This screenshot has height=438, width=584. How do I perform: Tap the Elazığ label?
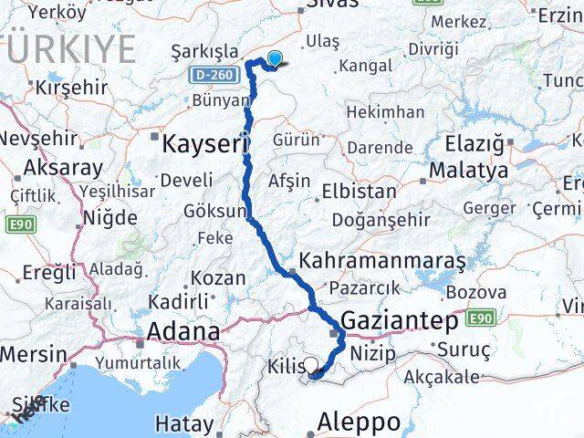(x=474, y=143)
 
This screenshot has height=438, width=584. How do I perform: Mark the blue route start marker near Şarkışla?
(x=274, y=59)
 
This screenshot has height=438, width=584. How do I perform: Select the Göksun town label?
(x=216, y=212)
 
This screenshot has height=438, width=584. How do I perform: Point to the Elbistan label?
(x=358, y=192)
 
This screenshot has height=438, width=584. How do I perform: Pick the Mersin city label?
(x=33, y=354)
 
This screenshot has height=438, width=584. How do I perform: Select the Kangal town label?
(x=365, y=66)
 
